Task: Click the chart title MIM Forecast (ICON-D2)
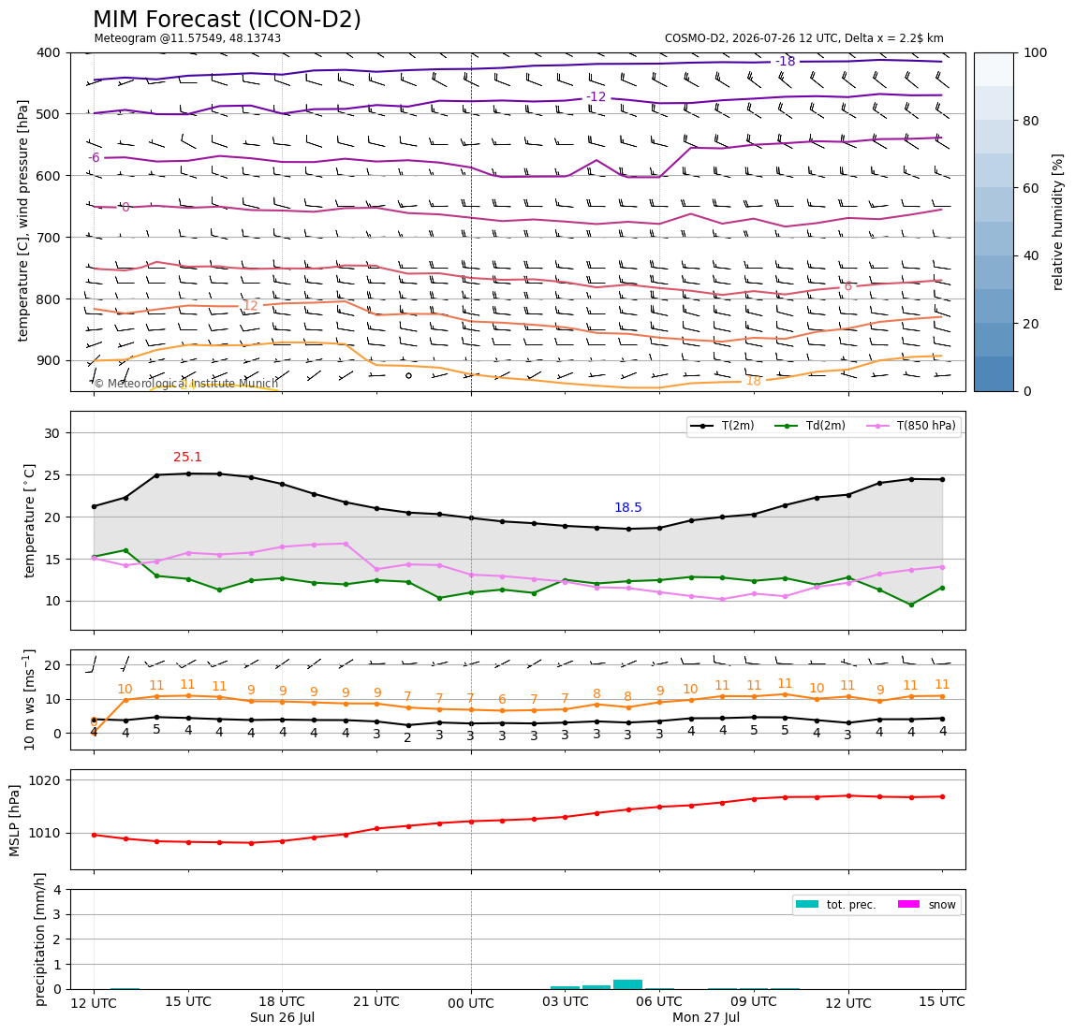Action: [227, 20]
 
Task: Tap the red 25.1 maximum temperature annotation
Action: [187, 457]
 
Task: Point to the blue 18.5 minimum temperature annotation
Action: [628, 508]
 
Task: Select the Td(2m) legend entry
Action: [810, 426]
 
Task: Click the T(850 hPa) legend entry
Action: [911, 426]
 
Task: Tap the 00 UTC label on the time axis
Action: [470, 1003]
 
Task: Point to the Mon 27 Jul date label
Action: [706, 1017]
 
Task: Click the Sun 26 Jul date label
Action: [283, 1017]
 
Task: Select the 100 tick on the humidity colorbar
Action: [1036, 52]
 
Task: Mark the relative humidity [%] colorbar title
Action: [1058, 223]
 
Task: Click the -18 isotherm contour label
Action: [785, 62]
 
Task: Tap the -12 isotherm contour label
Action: [596, 97]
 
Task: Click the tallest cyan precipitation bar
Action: [628, 984]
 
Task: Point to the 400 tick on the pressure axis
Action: [50, 52]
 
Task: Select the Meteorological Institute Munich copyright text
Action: [185, 384]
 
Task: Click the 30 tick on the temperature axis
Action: [52, 433]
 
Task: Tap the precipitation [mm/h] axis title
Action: [40, 939]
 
